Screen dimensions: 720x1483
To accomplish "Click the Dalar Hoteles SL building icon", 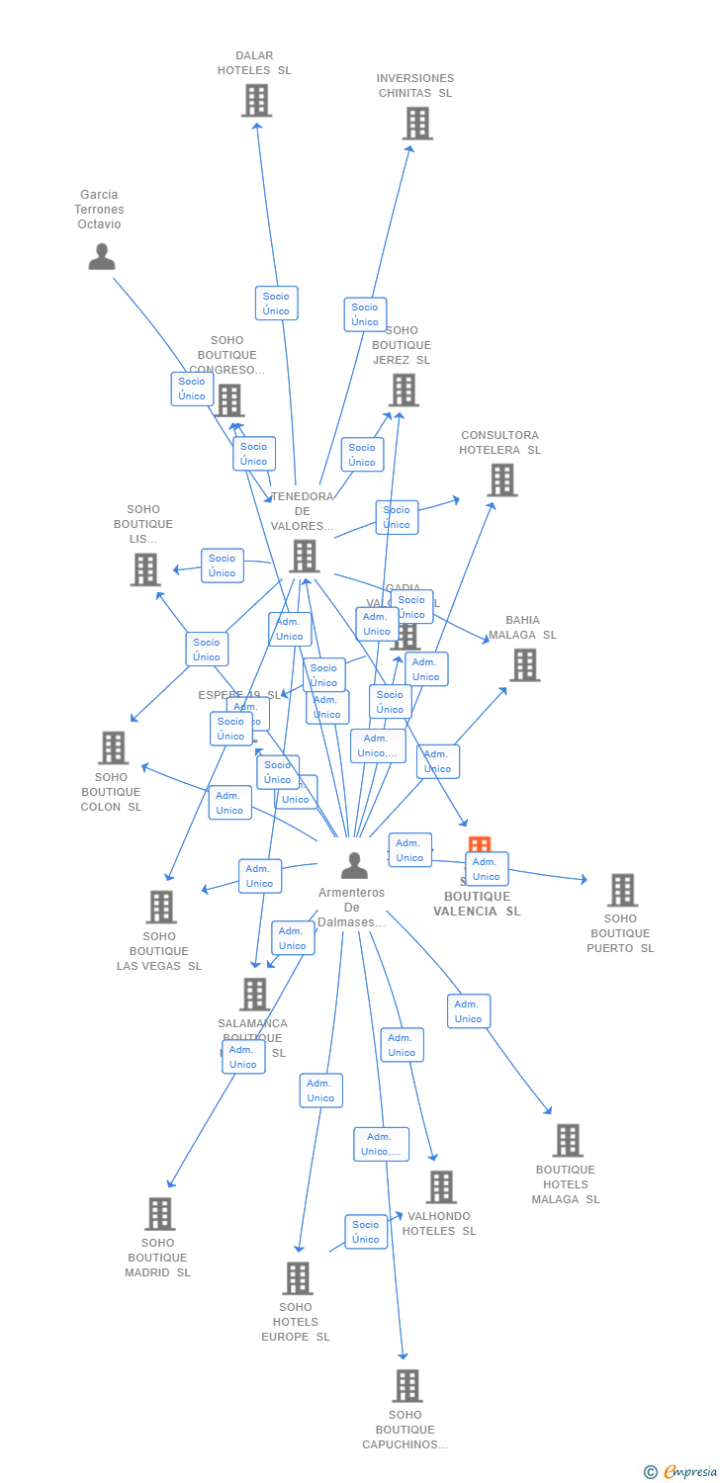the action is click(256, 101).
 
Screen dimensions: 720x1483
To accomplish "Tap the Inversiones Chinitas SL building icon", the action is click(417, 124).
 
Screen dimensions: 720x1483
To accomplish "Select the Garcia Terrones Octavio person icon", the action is click(101, 256).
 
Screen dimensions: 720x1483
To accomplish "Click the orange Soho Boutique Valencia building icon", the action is click(479, 845).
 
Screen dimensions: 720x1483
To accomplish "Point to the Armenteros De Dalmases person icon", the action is click(353, 865).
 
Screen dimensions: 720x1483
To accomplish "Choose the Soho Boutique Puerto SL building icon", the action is click(621, 890).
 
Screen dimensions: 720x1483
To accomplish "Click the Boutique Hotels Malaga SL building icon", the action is click(567, 1141).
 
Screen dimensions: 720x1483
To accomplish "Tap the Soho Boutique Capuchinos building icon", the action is click(406, 1386).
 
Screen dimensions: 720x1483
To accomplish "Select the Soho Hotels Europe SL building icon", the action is click(297, 1278).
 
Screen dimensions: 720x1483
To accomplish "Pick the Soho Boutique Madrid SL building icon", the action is click(159, 1214).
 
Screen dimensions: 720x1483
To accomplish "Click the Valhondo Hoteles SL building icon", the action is click(440, 1187).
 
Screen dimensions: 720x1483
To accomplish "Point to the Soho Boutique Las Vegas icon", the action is click(160, 907).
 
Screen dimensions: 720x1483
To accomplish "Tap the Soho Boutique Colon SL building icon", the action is click(113, 747).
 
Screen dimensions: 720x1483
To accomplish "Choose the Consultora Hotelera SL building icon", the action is click(501, 480).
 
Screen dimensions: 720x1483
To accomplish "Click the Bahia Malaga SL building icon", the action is click(524, 665).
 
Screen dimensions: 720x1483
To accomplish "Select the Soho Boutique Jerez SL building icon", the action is click(404, 391).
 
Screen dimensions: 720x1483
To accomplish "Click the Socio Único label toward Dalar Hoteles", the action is click(276, 304).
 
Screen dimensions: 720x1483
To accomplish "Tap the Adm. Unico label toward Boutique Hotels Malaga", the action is click(468, 1011).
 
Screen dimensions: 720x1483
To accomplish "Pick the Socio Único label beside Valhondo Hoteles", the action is click(366, 1232).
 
